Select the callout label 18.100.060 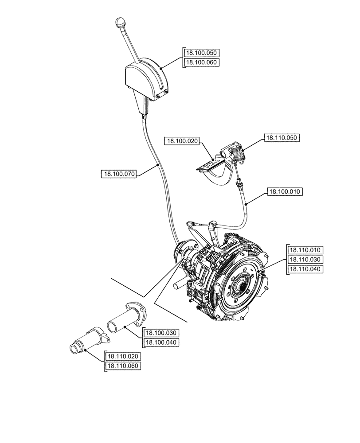tap(201, 62)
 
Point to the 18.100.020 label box tap(182, 141)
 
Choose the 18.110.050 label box tap(282, 138)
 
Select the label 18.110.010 tap(306, 249)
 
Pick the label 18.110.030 tap(306, 259)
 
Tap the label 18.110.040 tap(306, 269)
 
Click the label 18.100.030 tap(161, 333)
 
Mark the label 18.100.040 tap(161, 342)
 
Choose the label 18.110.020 tap(123, 356)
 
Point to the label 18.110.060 tap(123, 366)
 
